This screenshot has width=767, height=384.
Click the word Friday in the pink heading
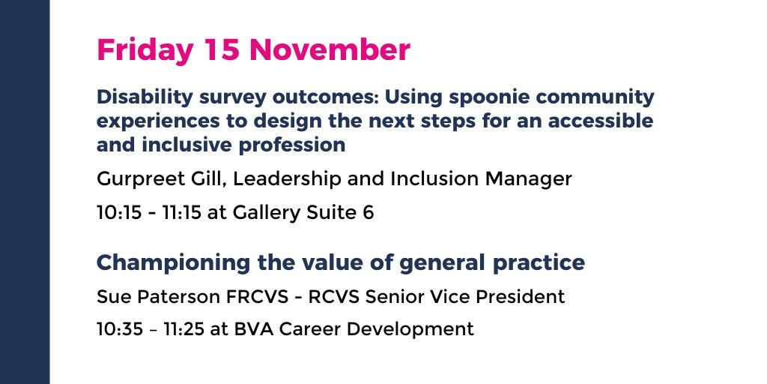[145, 51]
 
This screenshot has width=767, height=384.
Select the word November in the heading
[330, 50]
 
